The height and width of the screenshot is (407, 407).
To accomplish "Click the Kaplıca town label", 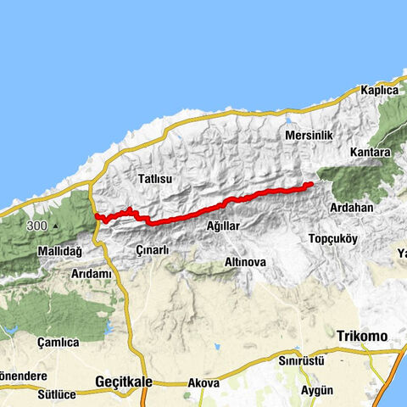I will point(378,90).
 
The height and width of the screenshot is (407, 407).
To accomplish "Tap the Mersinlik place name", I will point(309,136).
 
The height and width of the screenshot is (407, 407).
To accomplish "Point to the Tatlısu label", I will point(154,179).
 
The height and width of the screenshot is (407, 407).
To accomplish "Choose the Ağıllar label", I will point(224,226).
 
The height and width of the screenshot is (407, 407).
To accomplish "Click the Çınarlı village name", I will point(153,250).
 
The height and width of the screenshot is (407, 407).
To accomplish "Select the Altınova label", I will point(244,263).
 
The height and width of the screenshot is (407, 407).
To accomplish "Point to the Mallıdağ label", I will point(59,253).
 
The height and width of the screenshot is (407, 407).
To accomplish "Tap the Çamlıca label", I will point(59,343).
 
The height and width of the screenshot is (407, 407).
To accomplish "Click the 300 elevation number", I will point(36,226).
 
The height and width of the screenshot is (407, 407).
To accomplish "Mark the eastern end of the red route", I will point(312,183).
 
